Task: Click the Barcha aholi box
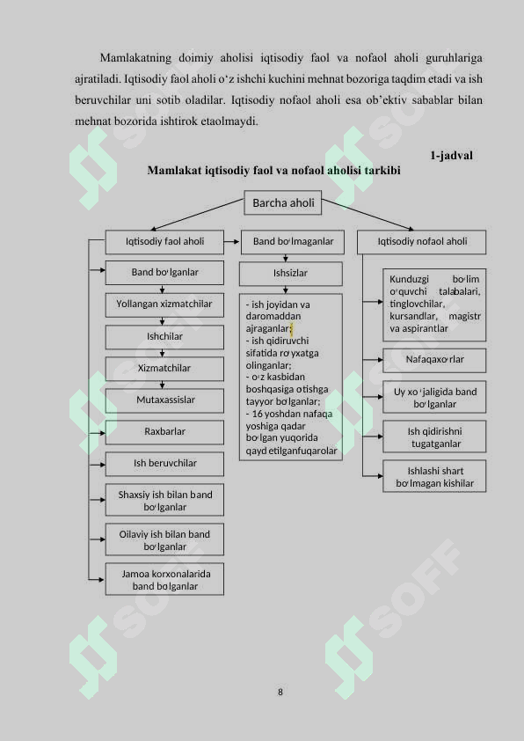click(283, 202)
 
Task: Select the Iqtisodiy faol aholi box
click(164, 242)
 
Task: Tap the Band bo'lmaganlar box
click(293, 242)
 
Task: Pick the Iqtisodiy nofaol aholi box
click(421, 242)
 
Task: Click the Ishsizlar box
click(291, 274)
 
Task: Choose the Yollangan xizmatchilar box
click(164, 304)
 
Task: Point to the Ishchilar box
click(164, 337)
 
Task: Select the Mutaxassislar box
click(164, 400)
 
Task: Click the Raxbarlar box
click(164, 432)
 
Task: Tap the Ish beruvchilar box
click(164, 464)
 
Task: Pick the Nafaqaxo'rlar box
click(434, 361)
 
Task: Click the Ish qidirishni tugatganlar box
click(434, 437)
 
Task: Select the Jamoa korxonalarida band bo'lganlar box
click(164, 579)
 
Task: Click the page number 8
click(280, 692)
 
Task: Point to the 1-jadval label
click(451, 156)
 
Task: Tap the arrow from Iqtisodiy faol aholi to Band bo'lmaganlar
click(231, 242)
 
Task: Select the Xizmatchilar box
click(164, 369)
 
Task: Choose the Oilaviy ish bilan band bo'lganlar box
click(164, 539)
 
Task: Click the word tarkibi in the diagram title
click(382, 170)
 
